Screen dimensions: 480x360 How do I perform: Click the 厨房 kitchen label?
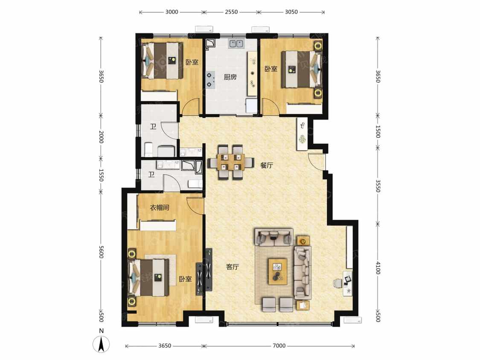230,76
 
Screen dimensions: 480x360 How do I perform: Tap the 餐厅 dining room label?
266,165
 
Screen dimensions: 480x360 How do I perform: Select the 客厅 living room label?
233,267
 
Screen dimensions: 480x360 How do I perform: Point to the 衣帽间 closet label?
159,208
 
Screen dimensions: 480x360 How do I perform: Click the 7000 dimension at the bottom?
279,345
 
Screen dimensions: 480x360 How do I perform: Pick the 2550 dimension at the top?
231,12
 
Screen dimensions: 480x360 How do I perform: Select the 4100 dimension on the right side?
378,268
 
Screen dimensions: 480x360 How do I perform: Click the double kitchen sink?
236,44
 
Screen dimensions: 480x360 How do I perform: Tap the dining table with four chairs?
231,162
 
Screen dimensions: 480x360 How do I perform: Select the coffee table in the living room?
278,271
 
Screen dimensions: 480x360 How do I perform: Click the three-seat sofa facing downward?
273,237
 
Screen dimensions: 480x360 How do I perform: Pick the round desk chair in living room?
337,283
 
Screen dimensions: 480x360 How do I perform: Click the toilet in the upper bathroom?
148,148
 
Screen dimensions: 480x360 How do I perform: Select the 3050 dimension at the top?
291,12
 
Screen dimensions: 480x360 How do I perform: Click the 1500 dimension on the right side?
378,131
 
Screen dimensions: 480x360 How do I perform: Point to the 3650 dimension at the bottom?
164,345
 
